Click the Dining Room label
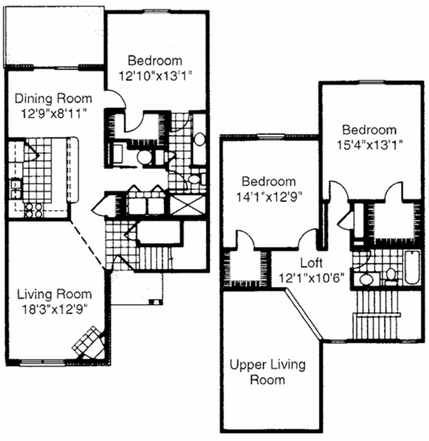click(x=53, y=99)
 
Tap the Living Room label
click(x=54, y=294)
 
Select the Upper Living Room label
click(x=267, y=372)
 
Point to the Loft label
click(x=311, y=263)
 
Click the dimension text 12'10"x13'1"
click(x=155, y=76)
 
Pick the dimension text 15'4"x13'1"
click(x=369, y=145)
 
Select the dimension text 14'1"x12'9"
click(x=269, y=197)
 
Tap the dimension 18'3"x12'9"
click(x=54, y=310)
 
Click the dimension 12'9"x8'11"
click(x=53, y=114)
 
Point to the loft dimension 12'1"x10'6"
click(x=311, y=278)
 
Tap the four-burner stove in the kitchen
click(x=33, y=210)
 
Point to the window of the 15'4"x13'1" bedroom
click(x=371, y=82)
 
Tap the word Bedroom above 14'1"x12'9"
click(x=269, y=182)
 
